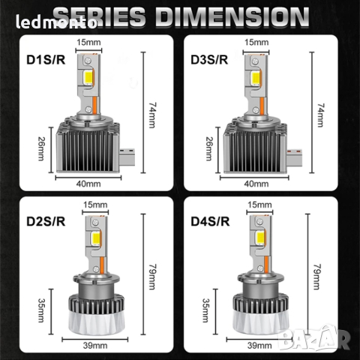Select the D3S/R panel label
[210, 58]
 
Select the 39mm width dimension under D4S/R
[259, 346]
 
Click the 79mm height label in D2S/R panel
[154, 278]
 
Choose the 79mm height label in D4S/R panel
[322, 278]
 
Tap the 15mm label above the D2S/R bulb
[93, 205]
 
